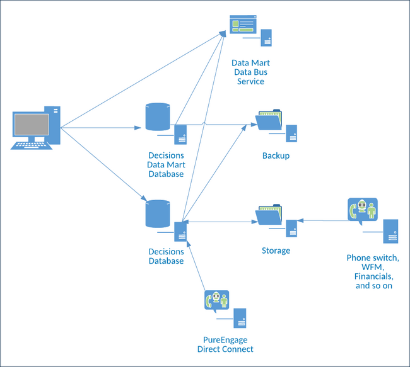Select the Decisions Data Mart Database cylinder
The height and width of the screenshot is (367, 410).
pyautogui.click(x=158, y=117)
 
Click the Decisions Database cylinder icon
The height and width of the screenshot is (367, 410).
pyautogui.click(x=158, y=214)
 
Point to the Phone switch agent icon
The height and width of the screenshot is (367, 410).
pyautogui.click(x=362, y=210)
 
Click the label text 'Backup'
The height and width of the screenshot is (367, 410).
pyautogui.click(x=276, y=155)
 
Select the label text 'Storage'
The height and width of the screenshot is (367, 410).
pyautogui.click(x=276, y=251)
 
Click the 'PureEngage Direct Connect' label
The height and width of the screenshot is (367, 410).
pyautogui.click(x=225, y=344)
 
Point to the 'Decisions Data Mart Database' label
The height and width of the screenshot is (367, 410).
pyautogui.click(x=166, y=164)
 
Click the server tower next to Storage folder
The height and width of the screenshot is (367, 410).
pyautogui.click(x=291, y=228)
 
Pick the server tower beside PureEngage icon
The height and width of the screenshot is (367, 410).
pyautogui.click(x=240, y=318)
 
